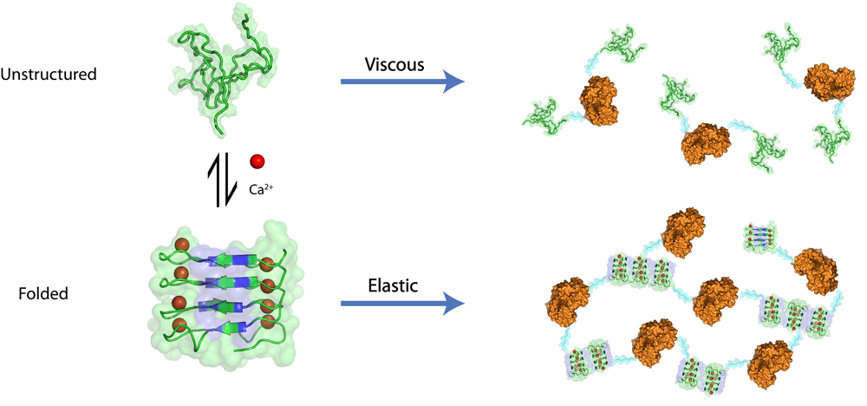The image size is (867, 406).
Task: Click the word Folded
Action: pyautogui.click(x=43, y=294)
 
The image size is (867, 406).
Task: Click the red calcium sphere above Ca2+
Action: pyautogui.click(x=257, y=160)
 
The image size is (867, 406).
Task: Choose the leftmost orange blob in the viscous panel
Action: pyautogui.click(x=600, y=101)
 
